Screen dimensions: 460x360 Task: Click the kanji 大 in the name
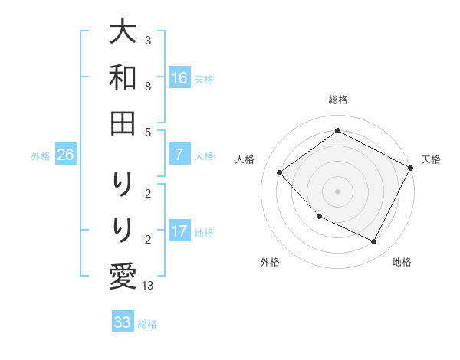[x=123, y=32]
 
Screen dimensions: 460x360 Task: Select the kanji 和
[x=123, y=77]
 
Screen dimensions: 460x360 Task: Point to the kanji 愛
[x=123, y=274]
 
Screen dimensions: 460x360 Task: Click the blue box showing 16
[x=179, y=77]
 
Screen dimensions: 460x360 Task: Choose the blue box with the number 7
[x=179, y=155]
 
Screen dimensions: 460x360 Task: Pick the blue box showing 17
[x=179, y=231]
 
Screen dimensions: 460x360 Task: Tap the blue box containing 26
[x=66, y=155]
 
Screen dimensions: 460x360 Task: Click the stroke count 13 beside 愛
[x=148, y=286]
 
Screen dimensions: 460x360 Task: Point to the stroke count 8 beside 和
[x=147, y=87]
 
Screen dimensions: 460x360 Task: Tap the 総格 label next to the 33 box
[x=148, y=324]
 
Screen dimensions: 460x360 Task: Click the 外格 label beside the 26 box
[x=41, y=156]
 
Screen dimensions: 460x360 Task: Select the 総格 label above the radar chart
[x=338, y=100]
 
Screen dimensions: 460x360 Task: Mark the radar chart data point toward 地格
[x=374, y=241]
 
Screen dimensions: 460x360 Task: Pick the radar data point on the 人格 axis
[x=280, y=172]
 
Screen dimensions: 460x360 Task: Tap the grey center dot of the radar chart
[x=338, y=191]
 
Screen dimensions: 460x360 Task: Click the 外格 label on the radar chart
[x=270, y=262]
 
